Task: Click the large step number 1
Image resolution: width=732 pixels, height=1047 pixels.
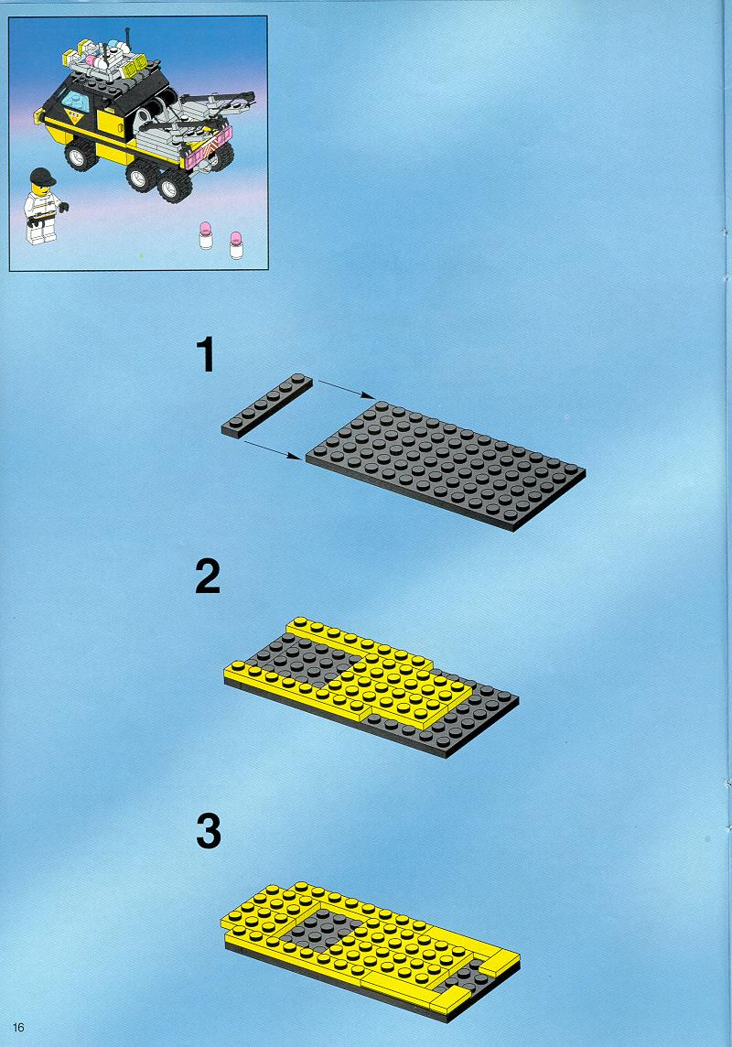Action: click(x=207, y=354)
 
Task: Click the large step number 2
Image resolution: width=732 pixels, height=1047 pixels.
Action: click(x=208, y=577)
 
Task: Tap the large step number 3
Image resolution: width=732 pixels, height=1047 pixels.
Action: click(x=209, y=832)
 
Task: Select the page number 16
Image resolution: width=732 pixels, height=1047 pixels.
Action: click(x=18, y=1027)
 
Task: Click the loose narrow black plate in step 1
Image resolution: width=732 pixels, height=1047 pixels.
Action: click(x=267, y=405)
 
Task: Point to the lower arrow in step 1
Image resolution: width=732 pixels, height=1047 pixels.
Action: click(x=273, y=449)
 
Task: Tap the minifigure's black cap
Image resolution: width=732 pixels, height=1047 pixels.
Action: click(x=42, y=177)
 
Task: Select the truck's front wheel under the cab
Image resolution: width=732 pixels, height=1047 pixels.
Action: click(x=81, y=155)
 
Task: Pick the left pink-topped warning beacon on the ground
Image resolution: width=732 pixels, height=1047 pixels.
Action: click(x=206, y=236)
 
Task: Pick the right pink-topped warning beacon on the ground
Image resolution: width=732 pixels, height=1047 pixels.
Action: click(x=235, y=245)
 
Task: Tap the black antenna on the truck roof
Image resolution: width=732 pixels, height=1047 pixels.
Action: click(x=127, y=41)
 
